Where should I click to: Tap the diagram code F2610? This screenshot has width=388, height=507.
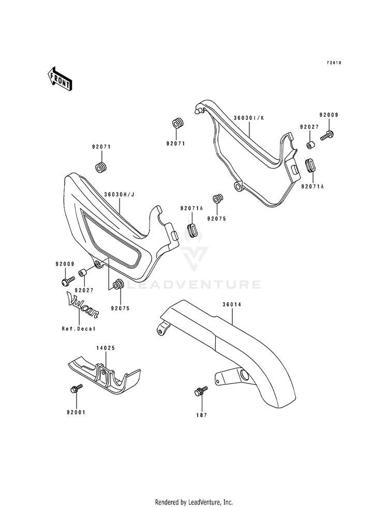click(334, 63)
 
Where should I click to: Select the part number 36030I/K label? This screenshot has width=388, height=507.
click(249, 118)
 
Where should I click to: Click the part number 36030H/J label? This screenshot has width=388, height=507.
click(119, 195)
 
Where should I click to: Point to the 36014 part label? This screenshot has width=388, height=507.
click(232, 304)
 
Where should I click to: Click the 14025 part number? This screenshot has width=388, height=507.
click(106, 348)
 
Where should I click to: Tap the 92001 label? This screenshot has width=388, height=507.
click(76, 412)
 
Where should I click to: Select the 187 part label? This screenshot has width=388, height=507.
click(201, 415)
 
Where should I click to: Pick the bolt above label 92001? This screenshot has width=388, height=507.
click(77, 388)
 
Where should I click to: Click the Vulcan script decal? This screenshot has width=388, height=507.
click(82, 304)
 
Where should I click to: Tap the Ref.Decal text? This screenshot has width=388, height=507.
click(79, 329)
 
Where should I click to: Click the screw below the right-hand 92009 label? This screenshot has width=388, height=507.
click(327, 135)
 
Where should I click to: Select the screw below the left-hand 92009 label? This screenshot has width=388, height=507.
click(68, 280)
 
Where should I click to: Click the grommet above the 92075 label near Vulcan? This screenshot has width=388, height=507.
click(118, 284)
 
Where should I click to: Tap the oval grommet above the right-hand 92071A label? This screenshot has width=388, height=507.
click(310, 165)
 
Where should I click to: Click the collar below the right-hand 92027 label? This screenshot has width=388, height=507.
click(311, 144)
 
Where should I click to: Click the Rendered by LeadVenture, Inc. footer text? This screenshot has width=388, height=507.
click(194, 502)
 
